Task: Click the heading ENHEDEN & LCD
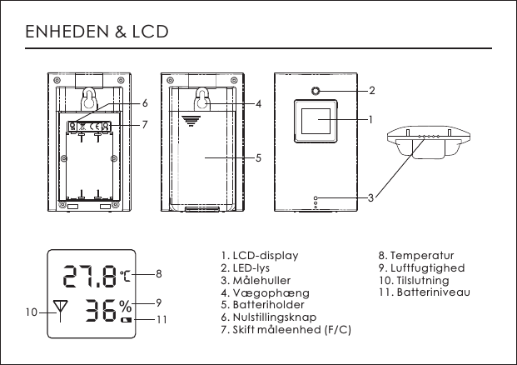click(x=97, y=32)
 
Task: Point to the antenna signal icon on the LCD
click(x=59, y=309)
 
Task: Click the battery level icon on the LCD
click(x=126, y=319)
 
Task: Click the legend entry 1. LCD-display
click(x=259, y=255)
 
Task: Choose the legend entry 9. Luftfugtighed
click(x=421, y=268)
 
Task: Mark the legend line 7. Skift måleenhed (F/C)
click(x=286, y=331)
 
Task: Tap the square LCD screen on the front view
click(x=316, y=122)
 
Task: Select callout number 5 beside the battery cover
click(x=259, y=157)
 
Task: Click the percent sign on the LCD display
click(x=124, y=305)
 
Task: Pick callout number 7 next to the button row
click(x=144, y=125)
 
